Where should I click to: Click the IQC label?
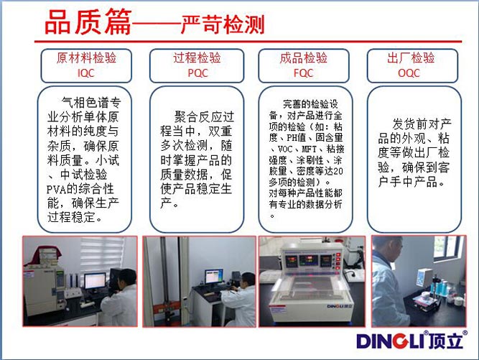tap(86, 73)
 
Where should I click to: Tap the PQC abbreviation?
tap(197, 73)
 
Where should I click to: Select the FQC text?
tap(303, 73)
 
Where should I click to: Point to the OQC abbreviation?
tap(409, 73)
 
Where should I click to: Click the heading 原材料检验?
tap(86, 57)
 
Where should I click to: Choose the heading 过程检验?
tap(197, 57)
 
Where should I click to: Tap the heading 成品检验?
tap(303, 57)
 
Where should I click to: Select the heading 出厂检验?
tap(411, 57)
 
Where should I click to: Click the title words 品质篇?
tap(88, 22)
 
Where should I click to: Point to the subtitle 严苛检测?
tap(223, 24)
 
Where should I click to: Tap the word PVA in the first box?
tap(56, 190)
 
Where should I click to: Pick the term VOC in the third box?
tap(285, 149)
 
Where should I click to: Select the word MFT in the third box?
tap(309, 149)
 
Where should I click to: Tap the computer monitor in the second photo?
tap(214, 277)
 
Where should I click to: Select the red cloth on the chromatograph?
tap(42, 256)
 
